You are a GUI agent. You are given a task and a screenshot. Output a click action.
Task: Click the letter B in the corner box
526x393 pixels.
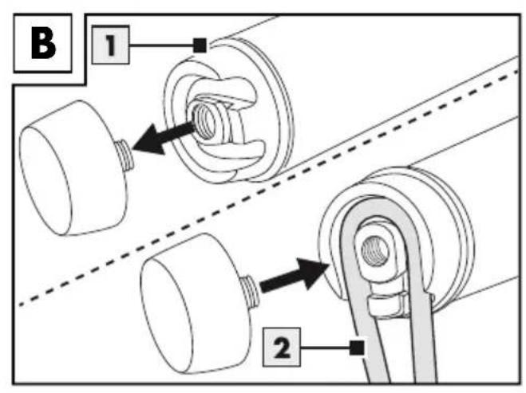43,43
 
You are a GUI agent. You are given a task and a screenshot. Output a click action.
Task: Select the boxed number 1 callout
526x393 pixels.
110,45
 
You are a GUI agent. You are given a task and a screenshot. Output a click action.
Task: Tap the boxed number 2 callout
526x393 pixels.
282,347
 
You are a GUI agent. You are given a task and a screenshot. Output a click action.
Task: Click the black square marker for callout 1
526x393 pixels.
200,45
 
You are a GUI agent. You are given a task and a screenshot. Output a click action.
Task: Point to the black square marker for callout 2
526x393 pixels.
357,348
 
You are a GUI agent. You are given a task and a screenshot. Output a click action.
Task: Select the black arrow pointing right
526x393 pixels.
295,274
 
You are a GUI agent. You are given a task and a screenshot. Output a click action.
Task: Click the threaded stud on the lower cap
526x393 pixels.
252,291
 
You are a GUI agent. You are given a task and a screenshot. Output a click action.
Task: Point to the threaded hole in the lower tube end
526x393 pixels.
376,250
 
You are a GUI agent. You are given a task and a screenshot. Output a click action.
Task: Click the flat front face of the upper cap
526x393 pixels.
45,180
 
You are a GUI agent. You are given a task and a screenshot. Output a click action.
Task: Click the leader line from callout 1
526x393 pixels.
162,45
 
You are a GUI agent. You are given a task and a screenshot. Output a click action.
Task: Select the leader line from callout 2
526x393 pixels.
325,348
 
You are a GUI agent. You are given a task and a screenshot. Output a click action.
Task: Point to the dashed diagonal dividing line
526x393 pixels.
268,187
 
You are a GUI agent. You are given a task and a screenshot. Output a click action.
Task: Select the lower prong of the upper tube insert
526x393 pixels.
235,150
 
